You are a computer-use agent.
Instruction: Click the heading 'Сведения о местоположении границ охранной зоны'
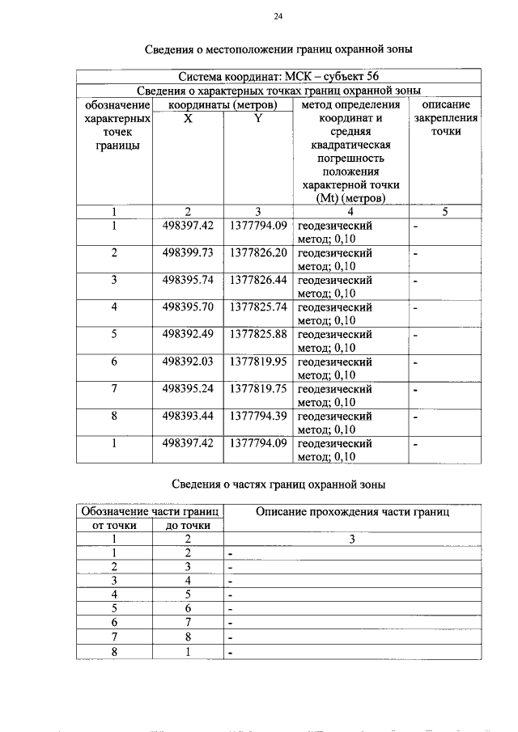(278, 49)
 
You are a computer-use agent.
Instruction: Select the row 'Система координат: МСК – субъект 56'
(278, 77)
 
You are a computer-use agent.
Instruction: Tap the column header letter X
(188, 118)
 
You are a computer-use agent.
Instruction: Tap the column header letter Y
(258, 118)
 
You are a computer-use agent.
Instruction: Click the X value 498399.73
(188, 253)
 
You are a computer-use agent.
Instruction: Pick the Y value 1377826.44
(258, 280)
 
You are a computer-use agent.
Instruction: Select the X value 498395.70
(188, 307)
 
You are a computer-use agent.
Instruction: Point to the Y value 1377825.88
(258, 335)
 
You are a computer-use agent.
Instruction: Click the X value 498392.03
(188, 362)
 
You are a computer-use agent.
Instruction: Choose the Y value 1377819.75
(258, 389)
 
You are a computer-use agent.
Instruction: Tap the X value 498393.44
(188, 417)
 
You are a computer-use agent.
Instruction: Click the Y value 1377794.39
(258, 417)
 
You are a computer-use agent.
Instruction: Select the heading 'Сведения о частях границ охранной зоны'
(278, 484)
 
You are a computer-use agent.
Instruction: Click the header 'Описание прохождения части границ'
(352, 512)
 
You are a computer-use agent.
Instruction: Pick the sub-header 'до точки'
(188, 526)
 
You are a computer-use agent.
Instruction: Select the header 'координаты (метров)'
(223, 104)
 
